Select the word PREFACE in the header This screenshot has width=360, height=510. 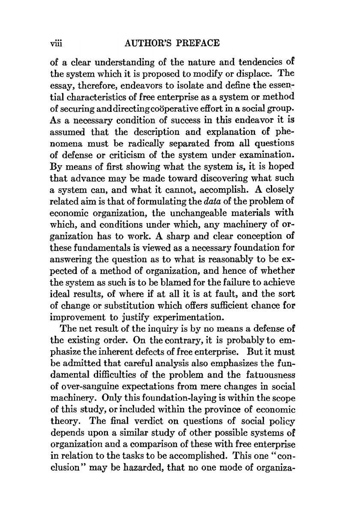(199, 44)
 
